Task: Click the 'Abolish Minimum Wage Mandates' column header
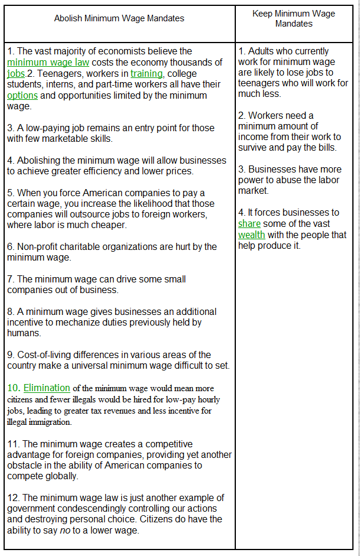[119, 18]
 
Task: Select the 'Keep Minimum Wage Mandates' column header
[294, 18]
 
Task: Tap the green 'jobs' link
[16, 74]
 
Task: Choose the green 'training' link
[147, 74]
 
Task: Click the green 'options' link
[22, 96]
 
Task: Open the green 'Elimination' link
[47, 388]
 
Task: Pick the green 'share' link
[249, 224]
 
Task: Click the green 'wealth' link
[252, 235]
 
